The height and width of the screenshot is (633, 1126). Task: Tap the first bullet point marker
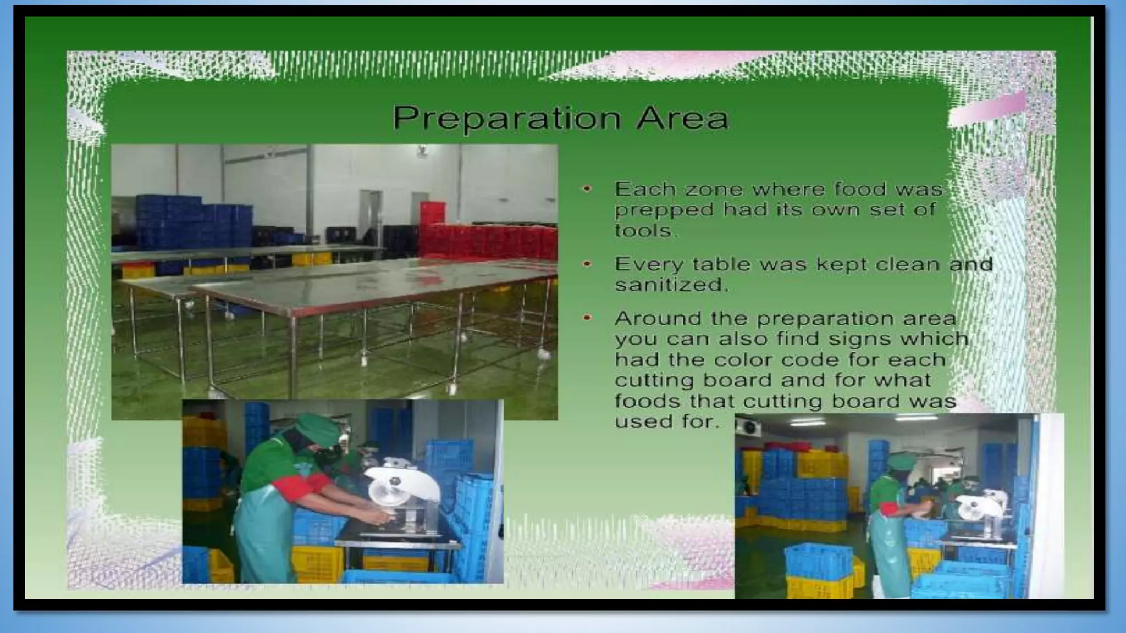pyautogui.click(x=587, y=189)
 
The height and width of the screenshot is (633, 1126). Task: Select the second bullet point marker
pyautogui.click(x=587, y=264)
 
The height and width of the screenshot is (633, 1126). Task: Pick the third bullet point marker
pyautogui.click(x=587, y=318)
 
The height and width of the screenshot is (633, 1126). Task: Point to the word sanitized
pyautogui.click(x=671, y=285)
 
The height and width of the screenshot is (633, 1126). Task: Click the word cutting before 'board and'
pyautogui.click(x=651, y=381)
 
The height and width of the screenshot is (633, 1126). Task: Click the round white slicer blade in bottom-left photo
pyautogui.click(x=404, y=486)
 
